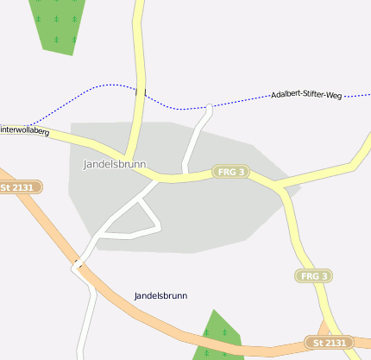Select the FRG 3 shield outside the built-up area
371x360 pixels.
point(313,276)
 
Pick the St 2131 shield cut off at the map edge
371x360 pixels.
point(19,186)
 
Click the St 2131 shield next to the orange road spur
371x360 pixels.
point(329,344)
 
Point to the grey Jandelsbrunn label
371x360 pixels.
point(114,164)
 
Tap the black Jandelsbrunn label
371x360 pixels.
point(160,296)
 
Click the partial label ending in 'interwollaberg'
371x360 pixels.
point(27,129)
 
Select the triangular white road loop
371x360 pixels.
point(138,221)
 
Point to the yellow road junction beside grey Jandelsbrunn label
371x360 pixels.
point(129,158)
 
